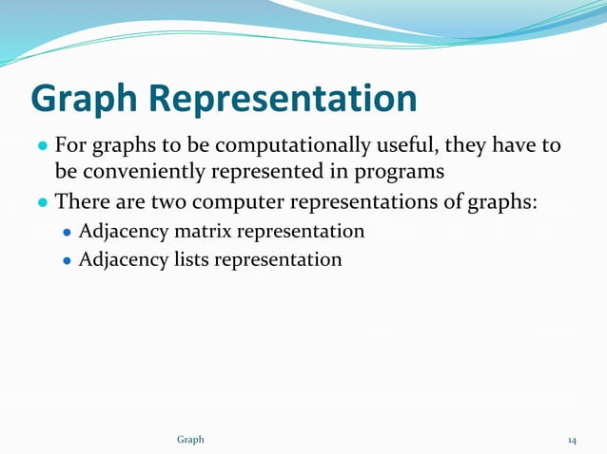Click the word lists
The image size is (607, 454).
188,258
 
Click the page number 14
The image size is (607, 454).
572,440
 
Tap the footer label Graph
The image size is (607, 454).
190,440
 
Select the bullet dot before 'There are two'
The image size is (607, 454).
42,203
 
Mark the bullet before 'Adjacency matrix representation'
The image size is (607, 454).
67,232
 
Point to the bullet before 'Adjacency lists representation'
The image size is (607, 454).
67,259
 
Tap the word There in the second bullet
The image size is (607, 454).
79,202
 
